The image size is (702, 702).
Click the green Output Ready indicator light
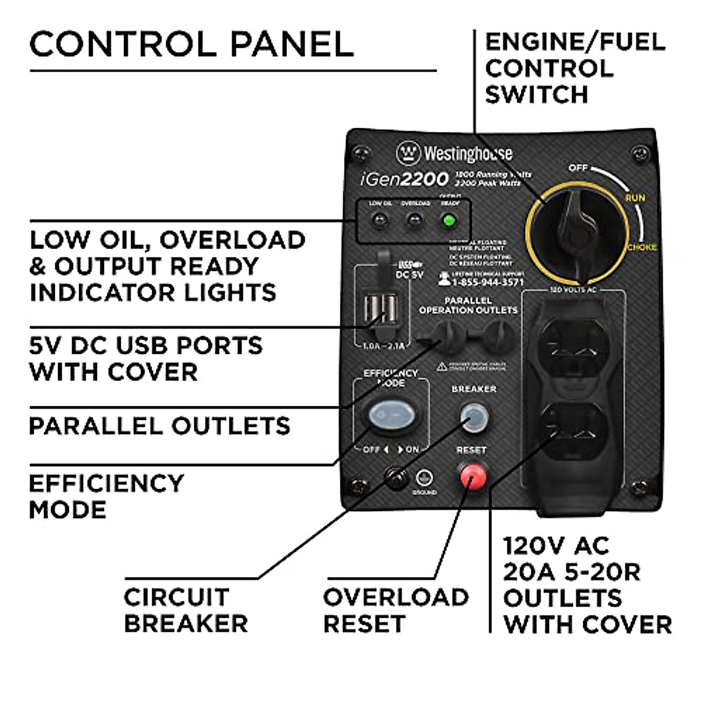pyautogui.click(x=449, y=221)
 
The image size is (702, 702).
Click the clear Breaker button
pyautogui.click(x=474, y=416)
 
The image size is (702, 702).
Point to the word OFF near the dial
pyautogui.click(x=578, y=168)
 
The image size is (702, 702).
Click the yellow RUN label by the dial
pyautogui.click(x=635, y=198)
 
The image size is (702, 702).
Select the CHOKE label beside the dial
pyautogui.click(x=642, y=247)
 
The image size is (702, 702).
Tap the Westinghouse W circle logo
pyautogui.click(x=408, y=154)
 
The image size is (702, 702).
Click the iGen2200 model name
pyautogui.click(x=404, y=178)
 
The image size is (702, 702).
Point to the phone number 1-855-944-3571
pyautogui.click(x=487, y=282)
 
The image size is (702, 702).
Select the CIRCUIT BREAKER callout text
pyautogui.click(x=185, y=610)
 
